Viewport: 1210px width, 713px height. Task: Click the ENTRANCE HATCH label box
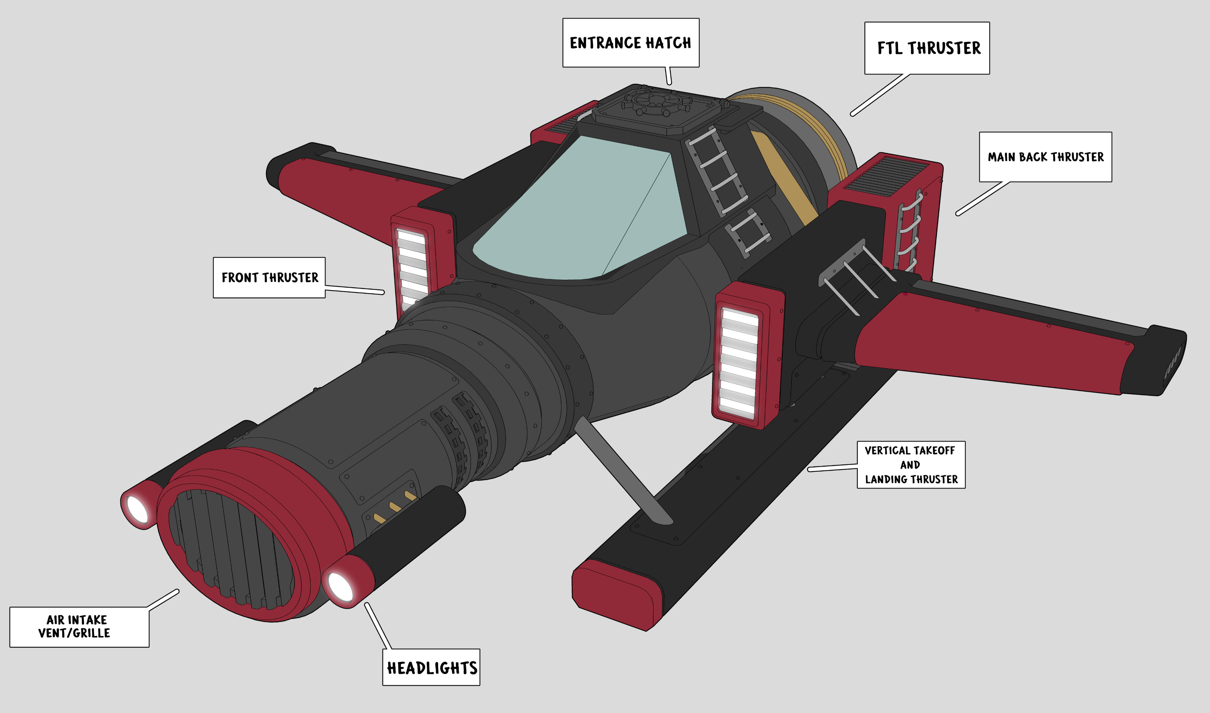[631, 43]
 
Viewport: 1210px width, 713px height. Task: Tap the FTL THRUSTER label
[927, 48]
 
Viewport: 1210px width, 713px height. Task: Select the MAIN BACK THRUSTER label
[1046, 157]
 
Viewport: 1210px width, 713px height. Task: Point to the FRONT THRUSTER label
[269, 278]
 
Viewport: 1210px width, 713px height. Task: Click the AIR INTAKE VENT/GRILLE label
[79, 627]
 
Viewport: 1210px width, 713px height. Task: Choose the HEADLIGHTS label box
[431, 667]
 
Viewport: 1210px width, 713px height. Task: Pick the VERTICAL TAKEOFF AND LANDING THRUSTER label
[911, 465]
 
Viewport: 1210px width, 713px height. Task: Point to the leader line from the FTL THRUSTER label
[880, 95]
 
